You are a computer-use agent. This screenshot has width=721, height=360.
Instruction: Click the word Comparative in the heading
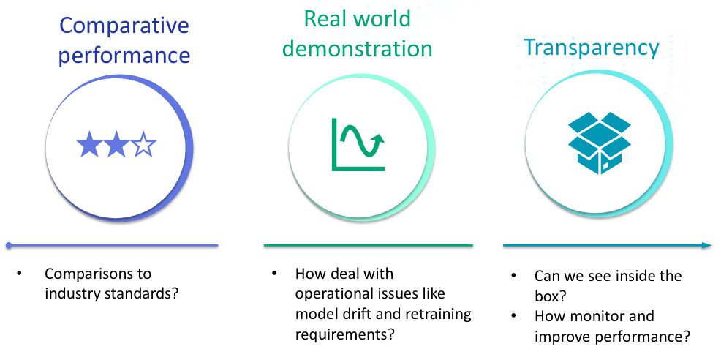tap(124, 26)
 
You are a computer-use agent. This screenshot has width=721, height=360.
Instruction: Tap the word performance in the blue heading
tap(124, 56)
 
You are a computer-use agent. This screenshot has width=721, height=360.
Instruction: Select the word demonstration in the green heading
tap(358, 49)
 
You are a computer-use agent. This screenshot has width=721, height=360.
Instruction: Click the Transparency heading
tap(591, 48)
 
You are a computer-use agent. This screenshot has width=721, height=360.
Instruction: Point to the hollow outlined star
tap(144, 146)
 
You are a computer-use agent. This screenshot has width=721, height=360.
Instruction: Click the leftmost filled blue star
tap(88, 146)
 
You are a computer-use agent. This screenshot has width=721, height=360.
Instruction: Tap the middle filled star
tap(116, 146)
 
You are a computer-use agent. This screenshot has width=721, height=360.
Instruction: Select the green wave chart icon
tap(358, 144)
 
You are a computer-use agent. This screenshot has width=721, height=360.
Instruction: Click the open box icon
tap(598, 143)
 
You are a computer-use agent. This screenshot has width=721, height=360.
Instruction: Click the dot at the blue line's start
tap(8, 245)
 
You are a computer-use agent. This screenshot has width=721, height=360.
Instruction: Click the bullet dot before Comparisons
tap(20, 274)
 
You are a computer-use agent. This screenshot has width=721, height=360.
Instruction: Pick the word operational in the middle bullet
tap(333, 294)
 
